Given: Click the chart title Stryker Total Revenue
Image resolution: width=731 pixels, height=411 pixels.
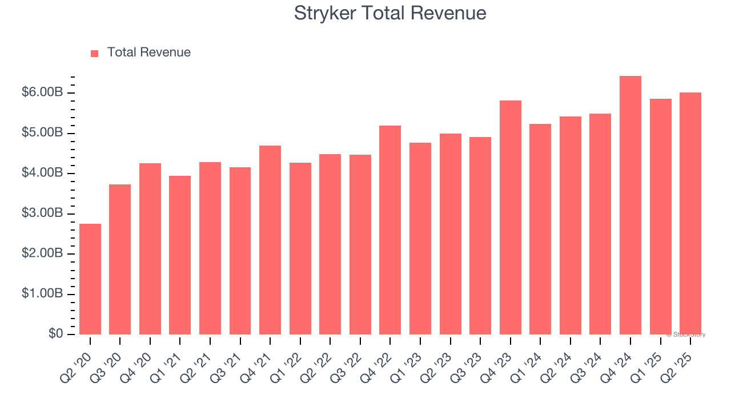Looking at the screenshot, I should (390, 13).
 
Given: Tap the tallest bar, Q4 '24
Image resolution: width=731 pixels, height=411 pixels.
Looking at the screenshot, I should (630, 205).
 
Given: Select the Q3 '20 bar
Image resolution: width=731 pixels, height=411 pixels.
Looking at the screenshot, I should (120, 259).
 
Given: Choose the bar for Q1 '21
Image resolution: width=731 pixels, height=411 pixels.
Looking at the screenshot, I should (180, 255).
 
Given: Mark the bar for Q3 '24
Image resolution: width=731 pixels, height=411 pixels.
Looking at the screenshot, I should (600, 224).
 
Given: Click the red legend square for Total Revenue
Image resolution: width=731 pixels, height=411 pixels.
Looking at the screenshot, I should (95, 53).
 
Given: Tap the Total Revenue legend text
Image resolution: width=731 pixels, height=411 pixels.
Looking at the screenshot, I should (148, 53).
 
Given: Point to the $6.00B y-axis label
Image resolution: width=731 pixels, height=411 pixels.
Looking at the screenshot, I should (42, 92).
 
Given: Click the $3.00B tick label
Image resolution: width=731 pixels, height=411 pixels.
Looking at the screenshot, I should (42, 213).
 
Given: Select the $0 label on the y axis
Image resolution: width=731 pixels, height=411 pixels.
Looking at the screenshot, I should (55, 334).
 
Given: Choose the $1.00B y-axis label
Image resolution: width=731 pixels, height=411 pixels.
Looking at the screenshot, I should (42, 294).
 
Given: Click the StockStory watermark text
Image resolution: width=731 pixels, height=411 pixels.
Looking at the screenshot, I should (686, 335).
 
